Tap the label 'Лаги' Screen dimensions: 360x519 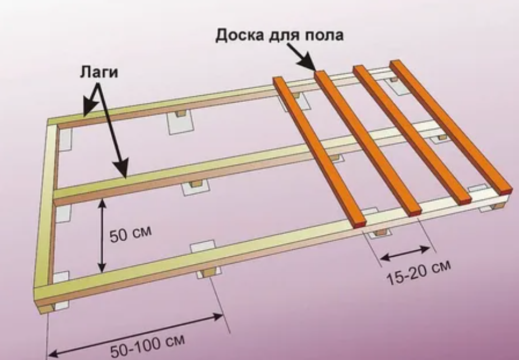pos(99,72)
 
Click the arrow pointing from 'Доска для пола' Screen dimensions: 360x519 pos(303,58)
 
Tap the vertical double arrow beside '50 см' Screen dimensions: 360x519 pos(101,235)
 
